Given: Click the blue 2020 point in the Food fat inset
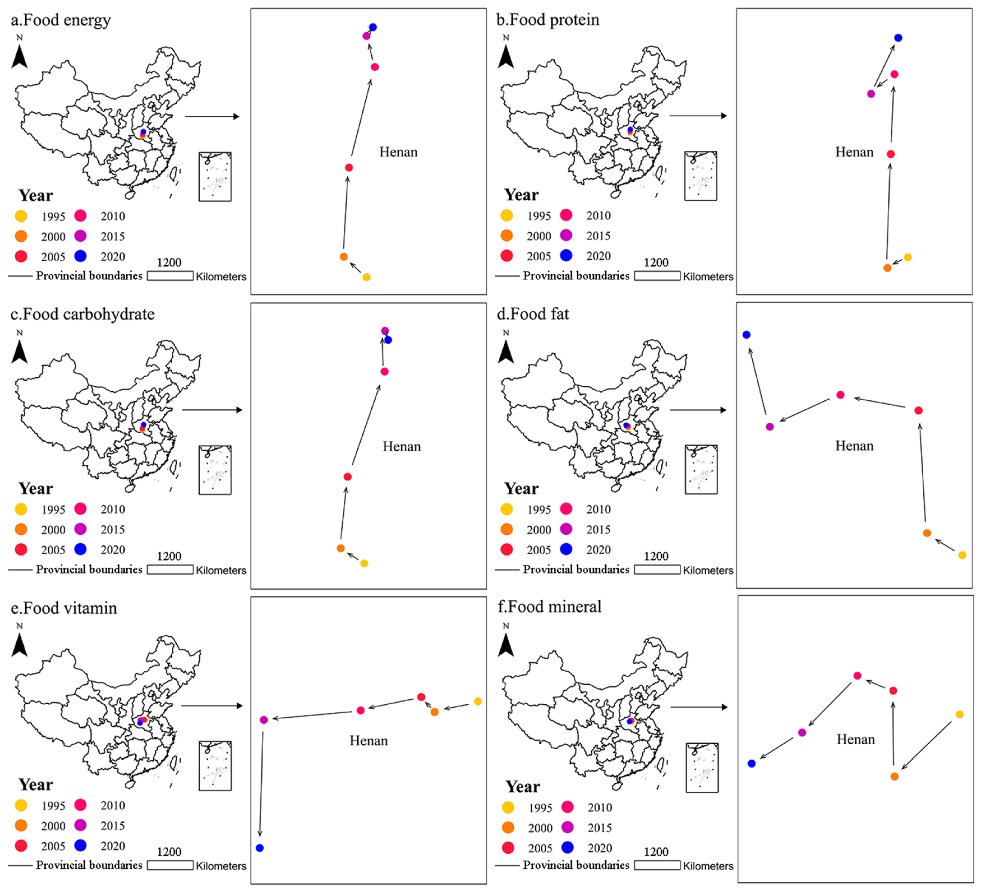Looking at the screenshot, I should (746, 335).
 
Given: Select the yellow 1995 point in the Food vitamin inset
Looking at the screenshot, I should (478, 701).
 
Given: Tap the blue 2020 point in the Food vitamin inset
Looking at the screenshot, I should (260, 848).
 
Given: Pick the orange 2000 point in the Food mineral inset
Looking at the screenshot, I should (894, 776).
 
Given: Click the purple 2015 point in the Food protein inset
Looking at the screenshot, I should (871, 94).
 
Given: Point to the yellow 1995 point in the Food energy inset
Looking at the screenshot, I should (366, 277).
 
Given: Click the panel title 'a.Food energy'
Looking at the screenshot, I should (61, 20).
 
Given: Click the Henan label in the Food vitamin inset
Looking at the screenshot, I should (368, 741).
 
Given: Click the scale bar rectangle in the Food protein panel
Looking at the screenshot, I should (657, 276).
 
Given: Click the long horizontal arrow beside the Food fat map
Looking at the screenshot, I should (698, 410).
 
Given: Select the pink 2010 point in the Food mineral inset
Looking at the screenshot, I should (857, 676).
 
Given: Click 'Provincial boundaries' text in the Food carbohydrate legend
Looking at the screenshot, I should (89, 570).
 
